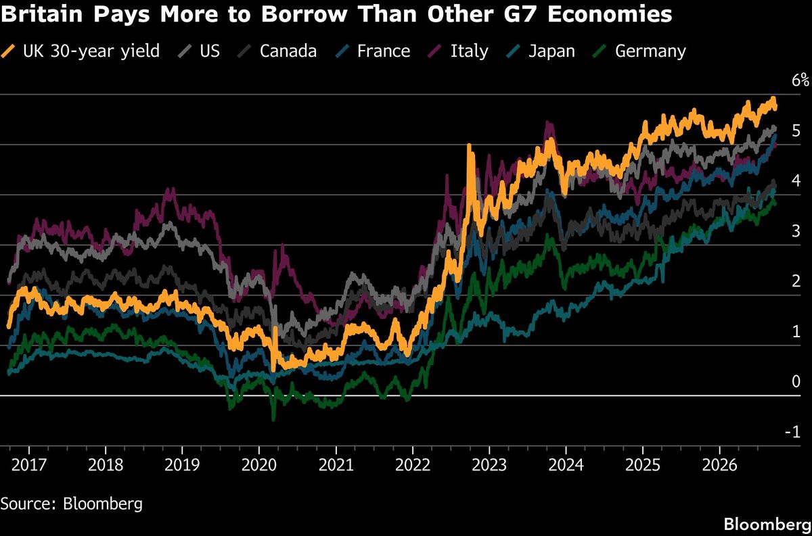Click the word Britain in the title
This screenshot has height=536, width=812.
tap(42, 14)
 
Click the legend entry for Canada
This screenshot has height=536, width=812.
tap(277, 51)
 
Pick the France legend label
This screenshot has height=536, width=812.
tap(373, 51)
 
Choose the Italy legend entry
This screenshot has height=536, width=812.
tap(458, 51)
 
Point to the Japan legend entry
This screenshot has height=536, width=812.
tap(541, 51)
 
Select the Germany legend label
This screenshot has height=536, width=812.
tap(639, 51)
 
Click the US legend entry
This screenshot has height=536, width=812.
tap(199, 51)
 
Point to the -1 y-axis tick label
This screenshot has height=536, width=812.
tap(793, 432)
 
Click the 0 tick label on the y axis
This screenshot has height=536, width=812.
tap(796, 381)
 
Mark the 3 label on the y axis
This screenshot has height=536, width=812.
tap(796, 230)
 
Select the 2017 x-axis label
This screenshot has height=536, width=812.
tap(29, 465)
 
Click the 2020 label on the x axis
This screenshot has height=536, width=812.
tap(258, 465)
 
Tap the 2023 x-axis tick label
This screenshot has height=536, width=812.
tap(489, 465)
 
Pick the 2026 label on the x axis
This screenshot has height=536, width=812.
tap(719, 465)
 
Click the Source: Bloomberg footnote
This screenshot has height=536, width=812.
tap(72, 504)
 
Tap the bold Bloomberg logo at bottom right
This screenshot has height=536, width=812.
tap(767, 525)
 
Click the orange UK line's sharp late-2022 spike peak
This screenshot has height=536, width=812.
tap(469, 146)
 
